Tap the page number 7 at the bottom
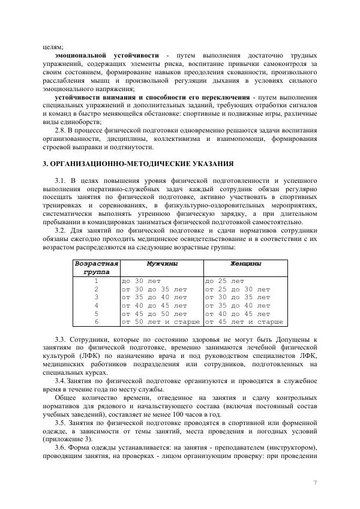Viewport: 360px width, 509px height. pyautogui.click(x=316, y=482)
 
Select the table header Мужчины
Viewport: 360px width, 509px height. pyautogui.click(x=161, y=263)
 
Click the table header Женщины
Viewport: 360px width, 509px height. pyautogui.click(x=245, y=263)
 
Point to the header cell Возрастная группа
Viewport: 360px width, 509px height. pyautogui.click(x=96, y=267)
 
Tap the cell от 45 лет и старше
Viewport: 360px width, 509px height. pyautogui.click(x=244, y=321)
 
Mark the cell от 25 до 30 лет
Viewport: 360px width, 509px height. pyautogui.click(x=238, y=288)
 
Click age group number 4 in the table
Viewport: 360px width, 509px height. pyautogui.click(x=96, y=305)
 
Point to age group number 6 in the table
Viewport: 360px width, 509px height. pyautogui.click(x=96, y=321)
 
